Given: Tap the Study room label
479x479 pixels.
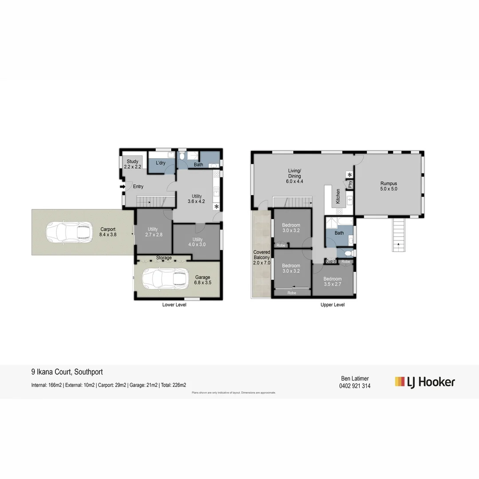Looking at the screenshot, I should coord(133,164).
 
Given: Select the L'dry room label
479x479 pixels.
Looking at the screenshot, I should coord(160,163).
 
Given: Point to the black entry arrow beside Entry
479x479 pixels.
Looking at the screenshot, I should coord(122,187).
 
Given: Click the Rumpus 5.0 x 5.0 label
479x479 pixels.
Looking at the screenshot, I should coord(389,186).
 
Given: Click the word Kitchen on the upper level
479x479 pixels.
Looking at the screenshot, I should coord(338,196).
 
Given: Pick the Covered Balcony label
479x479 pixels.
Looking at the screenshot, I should coord(261,257).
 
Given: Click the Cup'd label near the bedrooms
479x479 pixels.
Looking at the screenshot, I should coord(330,262).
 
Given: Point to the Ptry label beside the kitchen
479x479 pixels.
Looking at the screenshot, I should coord(350,184).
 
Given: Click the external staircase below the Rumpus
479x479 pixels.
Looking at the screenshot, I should coord(399,235).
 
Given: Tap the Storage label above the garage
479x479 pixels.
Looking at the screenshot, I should coord(164,258).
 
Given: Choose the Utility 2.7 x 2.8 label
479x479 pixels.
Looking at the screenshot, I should coord(153,232).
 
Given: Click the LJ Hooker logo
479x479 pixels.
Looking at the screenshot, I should coord(425,381).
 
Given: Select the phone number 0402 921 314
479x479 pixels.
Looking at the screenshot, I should coord(354,386).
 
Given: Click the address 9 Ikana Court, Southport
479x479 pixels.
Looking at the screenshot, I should coord(67,372).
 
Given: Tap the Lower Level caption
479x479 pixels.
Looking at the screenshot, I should coord(174,305).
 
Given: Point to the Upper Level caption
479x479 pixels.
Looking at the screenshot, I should coord(333,305).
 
